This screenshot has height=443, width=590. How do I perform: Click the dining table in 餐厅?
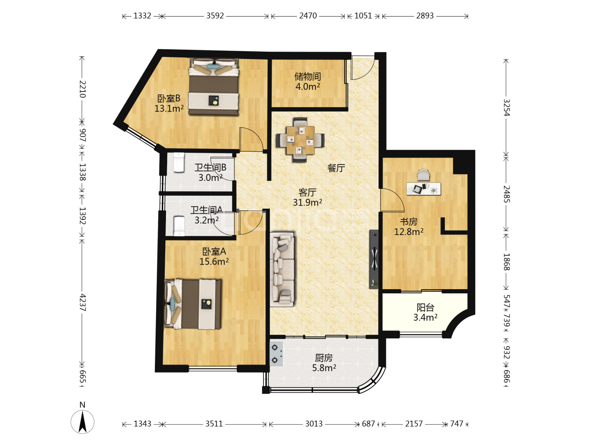tap(300, 140)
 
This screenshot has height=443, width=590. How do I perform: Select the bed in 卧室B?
tap(214, 87)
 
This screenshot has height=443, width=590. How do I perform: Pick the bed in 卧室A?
tap(193, 304)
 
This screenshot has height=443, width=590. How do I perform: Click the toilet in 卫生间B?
tap(179, 162)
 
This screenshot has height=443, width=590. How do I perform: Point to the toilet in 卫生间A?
tap(179, 226)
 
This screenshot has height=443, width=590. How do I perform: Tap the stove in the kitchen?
tap(276, 354)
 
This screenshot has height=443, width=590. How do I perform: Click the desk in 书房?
tap(423, 189)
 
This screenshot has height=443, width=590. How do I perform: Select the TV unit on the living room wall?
tap(374, 259)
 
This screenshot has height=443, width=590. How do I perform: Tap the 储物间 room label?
tap(308, 77)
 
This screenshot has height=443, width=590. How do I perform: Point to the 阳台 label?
tap(425, 308)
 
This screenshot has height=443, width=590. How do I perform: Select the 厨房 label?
tap(324, 358)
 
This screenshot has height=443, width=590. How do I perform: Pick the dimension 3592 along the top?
tap(215, 16)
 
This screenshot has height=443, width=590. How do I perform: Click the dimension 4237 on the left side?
tap(82, 303)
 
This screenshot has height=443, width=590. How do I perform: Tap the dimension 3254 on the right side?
tap(506, 107)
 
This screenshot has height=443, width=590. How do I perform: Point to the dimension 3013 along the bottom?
tap(314, 424)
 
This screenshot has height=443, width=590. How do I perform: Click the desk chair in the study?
tap(423, 175)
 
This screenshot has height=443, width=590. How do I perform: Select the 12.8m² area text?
tap(408, 232)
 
